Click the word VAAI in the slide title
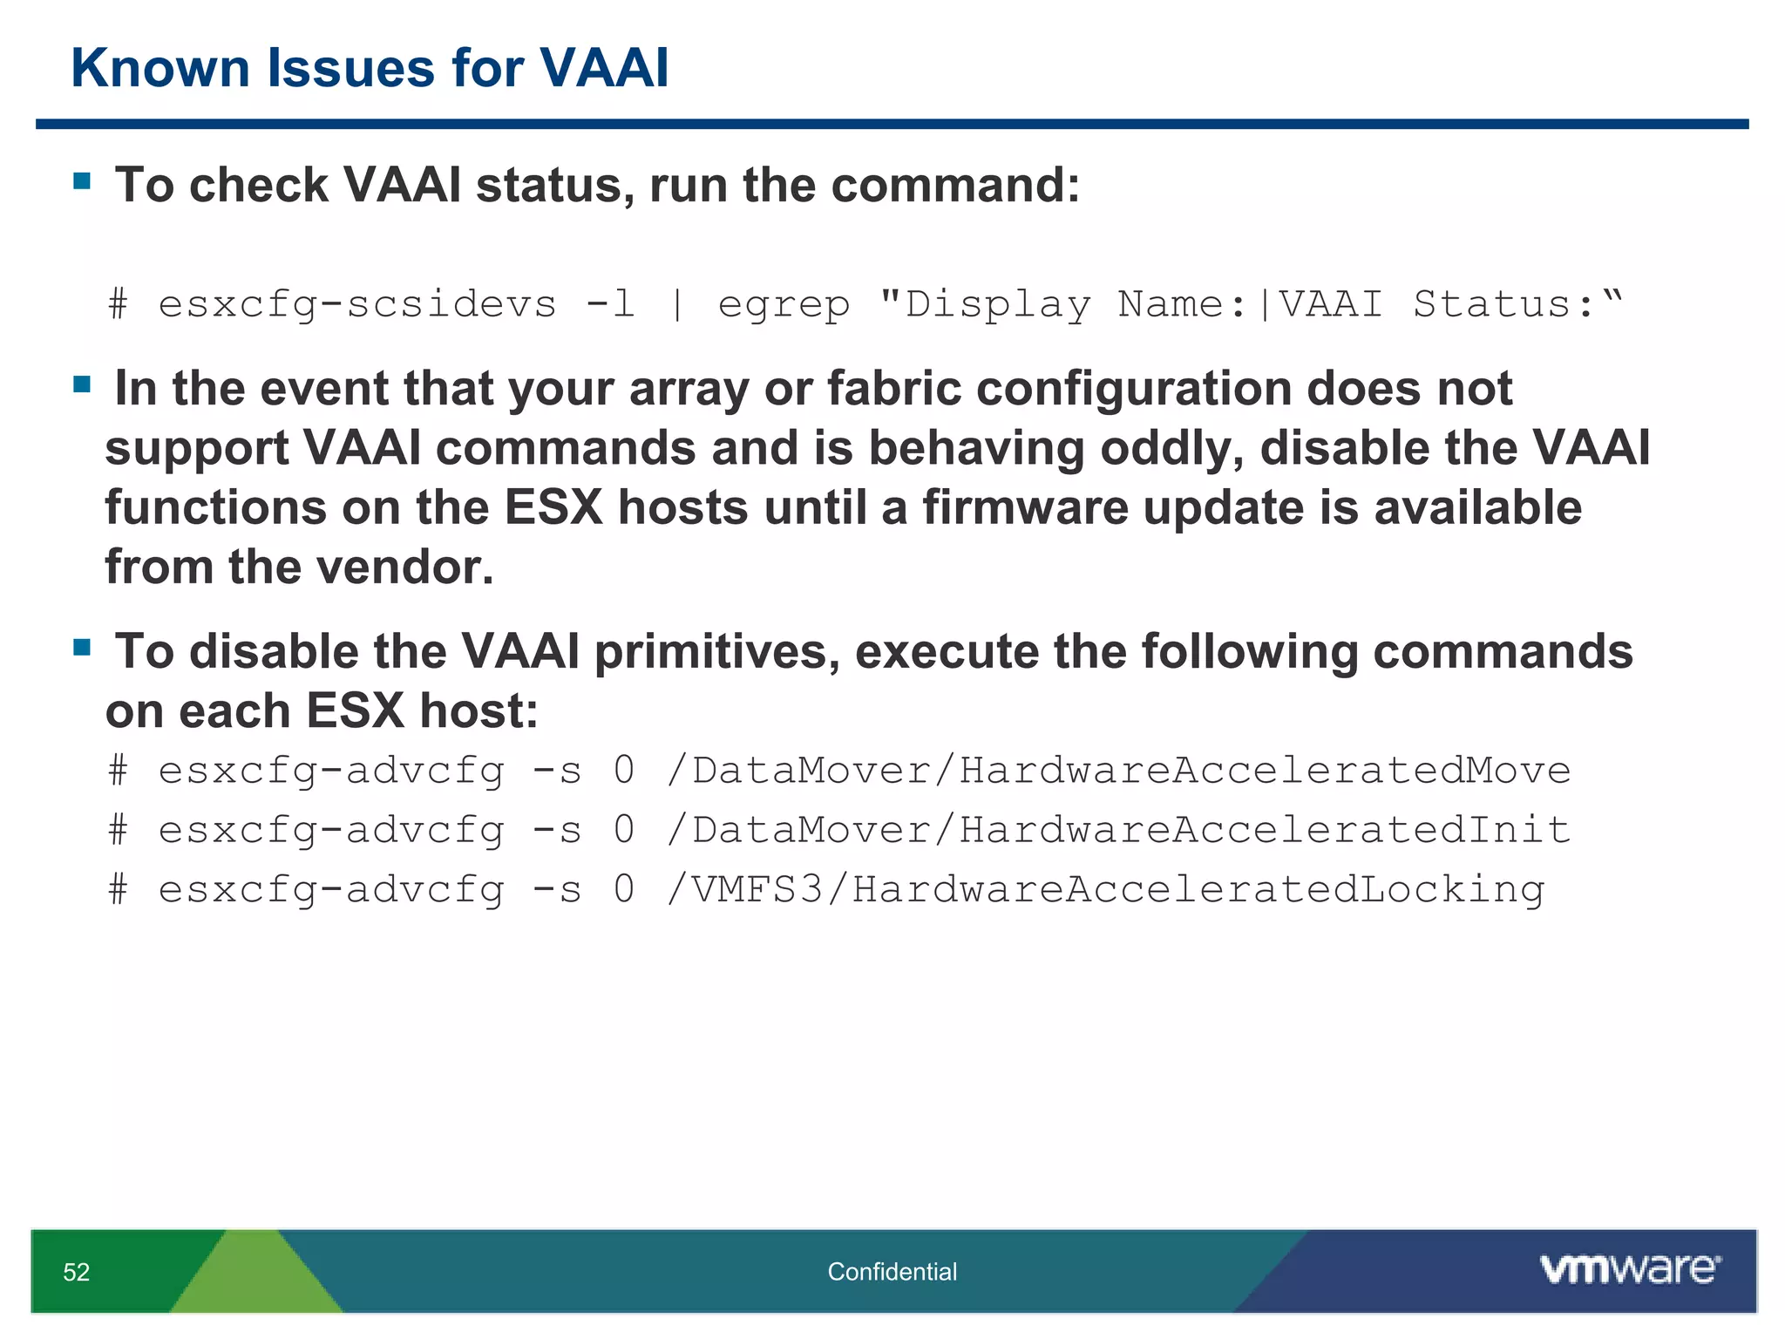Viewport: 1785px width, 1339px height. pyautogui.click(x=603, y=68)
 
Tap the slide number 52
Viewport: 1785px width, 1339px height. pyautogui.click(x=77, y=1272)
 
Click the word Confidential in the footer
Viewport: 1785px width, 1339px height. pyautogui.click(x=892, y=1272)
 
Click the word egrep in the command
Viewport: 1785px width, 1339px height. pyautogui.click(x=784, y=305)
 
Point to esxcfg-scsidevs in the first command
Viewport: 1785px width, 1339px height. pyautogui.click(x=356, y=305)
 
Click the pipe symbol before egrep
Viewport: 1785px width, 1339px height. pyautogui.click(x=677, y=305)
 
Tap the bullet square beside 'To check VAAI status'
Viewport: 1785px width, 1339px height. pyautogui.click(x=83, y=181)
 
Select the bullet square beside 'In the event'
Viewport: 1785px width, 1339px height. pyautogui.click(x=83, y=384)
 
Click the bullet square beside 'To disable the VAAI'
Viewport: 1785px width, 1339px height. pyautogui.click(x=83, y=648)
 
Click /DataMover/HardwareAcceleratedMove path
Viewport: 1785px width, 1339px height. pyautogui.click(x=1118, y=771)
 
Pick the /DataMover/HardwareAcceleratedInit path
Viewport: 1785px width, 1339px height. pyautogui.click(x=1118, y=830)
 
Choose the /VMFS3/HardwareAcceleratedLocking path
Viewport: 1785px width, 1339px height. pyautogui.click(x=1105, y=889)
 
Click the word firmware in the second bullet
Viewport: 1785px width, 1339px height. pyautogui.click(x=1025, y=507)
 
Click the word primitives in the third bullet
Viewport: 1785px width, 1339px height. pyautogui.click(x=716, y=651)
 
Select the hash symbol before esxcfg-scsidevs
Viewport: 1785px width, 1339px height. pyautogui.click(x=119, y=305)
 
